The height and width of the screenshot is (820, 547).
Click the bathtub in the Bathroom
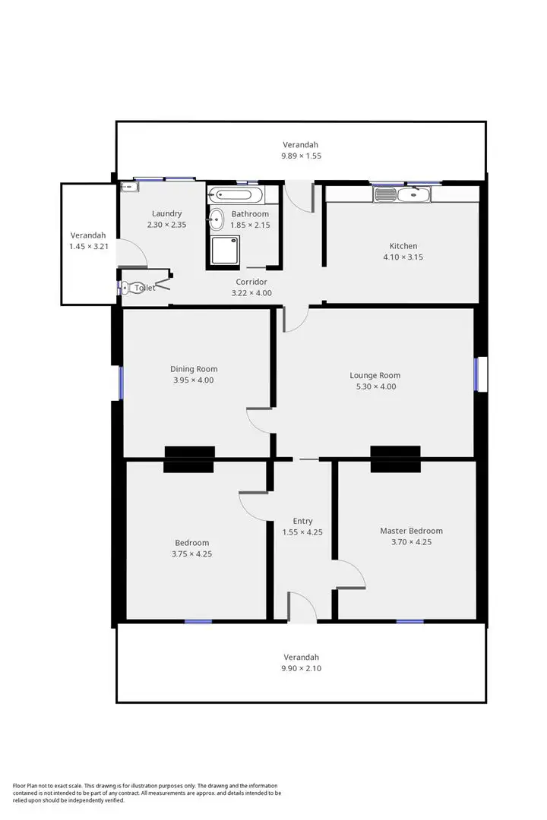pyautogui.click(x=236, y=195)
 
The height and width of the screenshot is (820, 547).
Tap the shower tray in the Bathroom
pyautogui.click(x=224, y=250)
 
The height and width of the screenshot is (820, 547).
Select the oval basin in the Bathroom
pyautogui.click(x=216, y=219)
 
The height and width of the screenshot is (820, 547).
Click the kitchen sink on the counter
pyautogui.click(x=385, y=195)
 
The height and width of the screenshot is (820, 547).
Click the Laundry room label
pyautogui.click(x=166, y=213)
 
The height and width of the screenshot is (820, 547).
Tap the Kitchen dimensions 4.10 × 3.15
pyautogui.click(x=403, y=257)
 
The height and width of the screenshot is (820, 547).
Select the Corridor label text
pyautogui.click(x=251, y=282)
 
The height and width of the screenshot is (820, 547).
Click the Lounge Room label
pyautogui.click(x=375, y=375)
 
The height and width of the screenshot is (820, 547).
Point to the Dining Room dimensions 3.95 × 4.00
pyautogui.click(x=193, y=380)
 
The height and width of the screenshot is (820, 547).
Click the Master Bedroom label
pyautogui.click(x=411, y=531)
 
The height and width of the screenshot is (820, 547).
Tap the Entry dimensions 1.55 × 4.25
pyautogui.click(x=302, y=532)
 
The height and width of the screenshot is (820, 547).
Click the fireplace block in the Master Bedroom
pyautogui.click(x=395, y=459)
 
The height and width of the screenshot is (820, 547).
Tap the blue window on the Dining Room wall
pyautogui.click(x=120, y=382)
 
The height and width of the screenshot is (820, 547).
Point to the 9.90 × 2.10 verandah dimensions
pyautogui.click(x=301, y=668)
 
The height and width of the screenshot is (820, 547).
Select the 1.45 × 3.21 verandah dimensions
pyautogui.click(x=88, y=247)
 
